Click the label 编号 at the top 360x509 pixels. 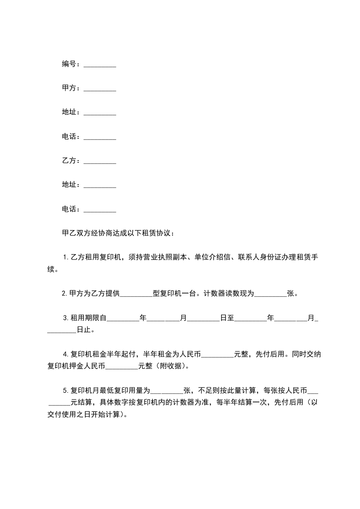pos(69,64)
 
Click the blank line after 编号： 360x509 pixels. pos(100,65)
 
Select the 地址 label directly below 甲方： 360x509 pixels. pos(69,113)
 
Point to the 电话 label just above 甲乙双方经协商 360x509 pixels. pos(69,209)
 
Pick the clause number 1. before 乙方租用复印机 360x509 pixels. pos(65,258)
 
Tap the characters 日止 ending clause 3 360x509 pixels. pos(84,330)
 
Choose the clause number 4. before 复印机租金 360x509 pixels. pos(65,354)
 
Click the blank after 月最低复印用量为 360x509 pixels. pos(167,391)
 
